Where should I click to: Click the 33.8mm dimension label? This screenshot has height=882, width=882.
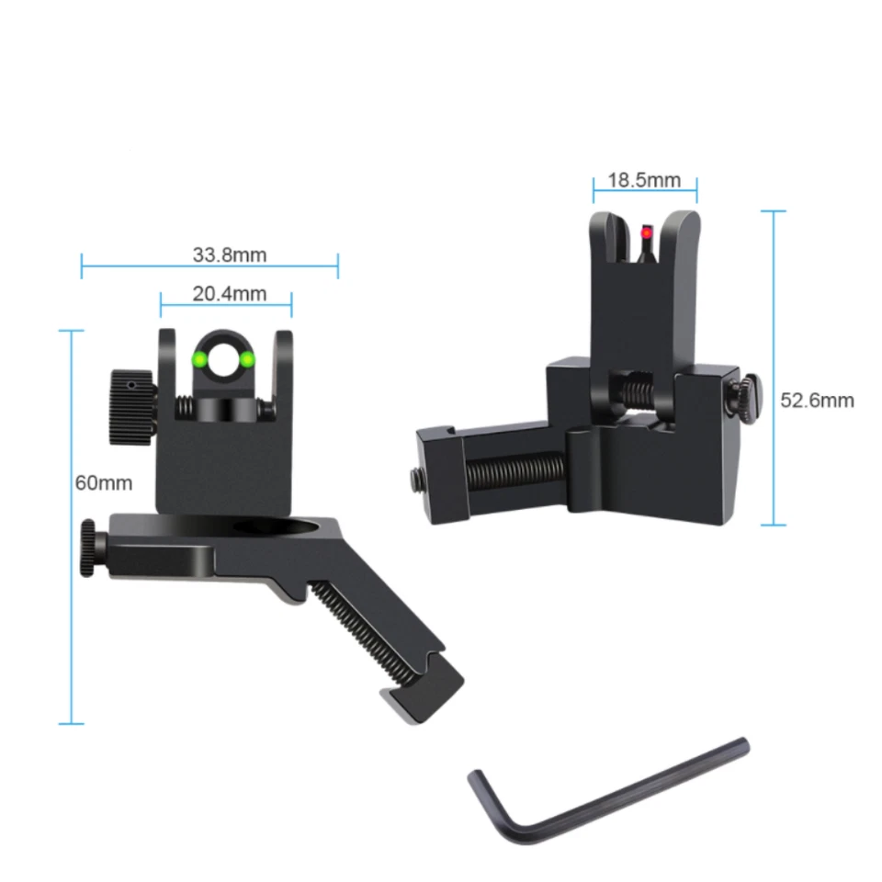click(229, 254)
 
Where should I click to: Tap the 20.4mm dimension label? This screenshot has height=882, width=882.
click(229, 294)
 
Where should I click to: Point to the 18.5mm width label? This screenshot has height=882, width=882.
click(644, 179)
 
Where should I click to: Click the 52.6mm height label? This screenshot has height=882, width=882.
click(817, 401)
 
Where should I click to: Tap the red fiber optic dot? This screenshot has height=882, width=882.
click(643, 235)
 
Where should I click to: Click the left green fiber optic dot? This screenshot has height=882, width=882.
click(198, 359)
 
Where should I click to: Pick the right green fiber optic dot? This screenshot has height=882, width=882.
click(247, 359)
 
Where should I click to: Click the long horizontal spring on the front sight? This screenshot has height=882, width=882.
click(514, 472)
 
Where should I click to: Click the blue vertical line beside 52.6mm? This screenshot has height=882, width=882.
click(774, 367)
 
